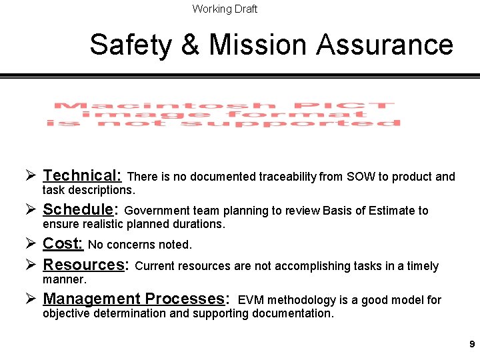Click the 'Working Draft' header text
click(x=225, y=9)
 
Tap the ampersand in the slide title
click(x=190, y=45)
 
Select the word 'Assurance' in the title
click(x=385, y=45)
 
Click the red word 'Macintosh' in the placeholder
click(x=165, y=106)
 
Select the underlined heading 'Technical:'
click(x=82, y=175)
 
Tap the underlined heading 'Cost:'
click(x=63, y=243)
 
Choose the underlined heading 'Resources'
click(x=83, y=265)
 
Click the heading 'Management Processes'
click(x=134, y=299)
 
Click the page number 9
click(x=472, y=345)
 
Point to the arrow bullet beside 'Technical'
click(x=29, y=175)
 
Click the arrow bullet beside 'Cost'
click(x=29, y=243)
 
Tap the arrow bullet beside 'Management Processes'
click(x=29, y=299)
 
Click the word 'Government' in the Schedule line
click(x=157, y=211)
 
